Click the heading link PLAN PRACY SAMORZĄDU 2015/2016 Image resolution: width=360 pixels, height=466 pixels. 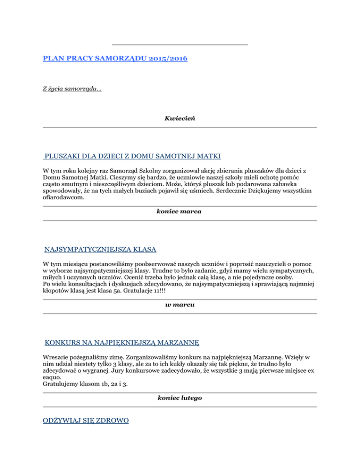(x=117, y=60)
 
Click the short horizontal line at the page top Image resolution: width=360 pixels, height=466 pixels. (x=180, y=45)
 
